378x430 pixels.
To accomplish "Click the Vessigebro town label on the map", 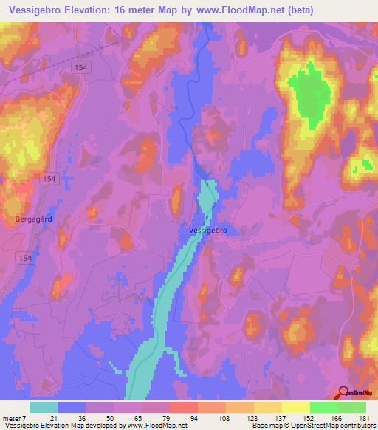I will click(208, 231).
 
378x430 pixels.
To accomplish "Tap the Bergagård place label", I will click(32, 219).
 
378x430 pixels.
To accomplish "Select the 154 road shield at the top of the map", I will click(81, 66).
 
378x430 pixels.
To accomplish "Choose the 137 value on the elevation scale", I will click(281, 419).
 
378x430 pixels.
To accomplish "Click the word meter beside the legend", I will click(13, 419).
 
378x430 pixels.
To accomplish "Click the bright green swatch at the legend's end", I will click(351, 407).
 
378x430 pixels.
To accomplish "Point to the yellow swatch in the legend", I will click(295, 407).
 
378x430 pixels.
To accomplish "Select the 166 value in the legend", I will click(337, 419).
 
